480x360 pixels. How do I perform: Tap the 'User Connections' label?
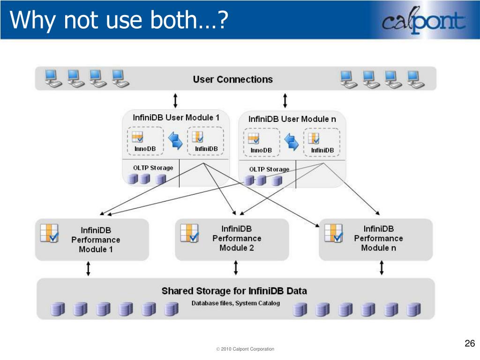coord(232,79)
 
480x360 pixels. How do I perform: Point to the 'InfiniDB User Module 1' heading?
coord(176,117)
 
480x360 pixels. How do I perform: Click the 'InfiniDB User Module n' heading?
coord(292,119)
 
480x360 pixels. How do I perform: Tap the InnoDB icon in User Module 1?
coord(138,137)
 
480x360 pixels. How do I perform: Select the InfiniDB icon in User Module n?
coord(314,138)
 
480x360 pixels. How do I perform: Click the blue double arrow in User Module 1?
coord(175,140)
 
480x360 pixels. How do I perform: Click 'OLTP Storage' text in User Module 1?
coord(153,168)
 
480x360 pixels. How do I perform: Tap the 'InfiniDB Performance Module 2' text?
coord(237,238)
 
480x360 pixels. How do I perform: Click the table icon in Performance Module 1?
coord(49,233)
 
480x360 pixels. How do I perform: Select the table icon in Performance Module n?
coord(334,233)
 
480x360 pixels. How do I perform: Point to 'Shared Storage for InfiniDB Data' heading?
coord(234,291)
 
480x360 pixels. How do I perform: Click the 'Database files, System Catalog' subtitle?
coord(235,303)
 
